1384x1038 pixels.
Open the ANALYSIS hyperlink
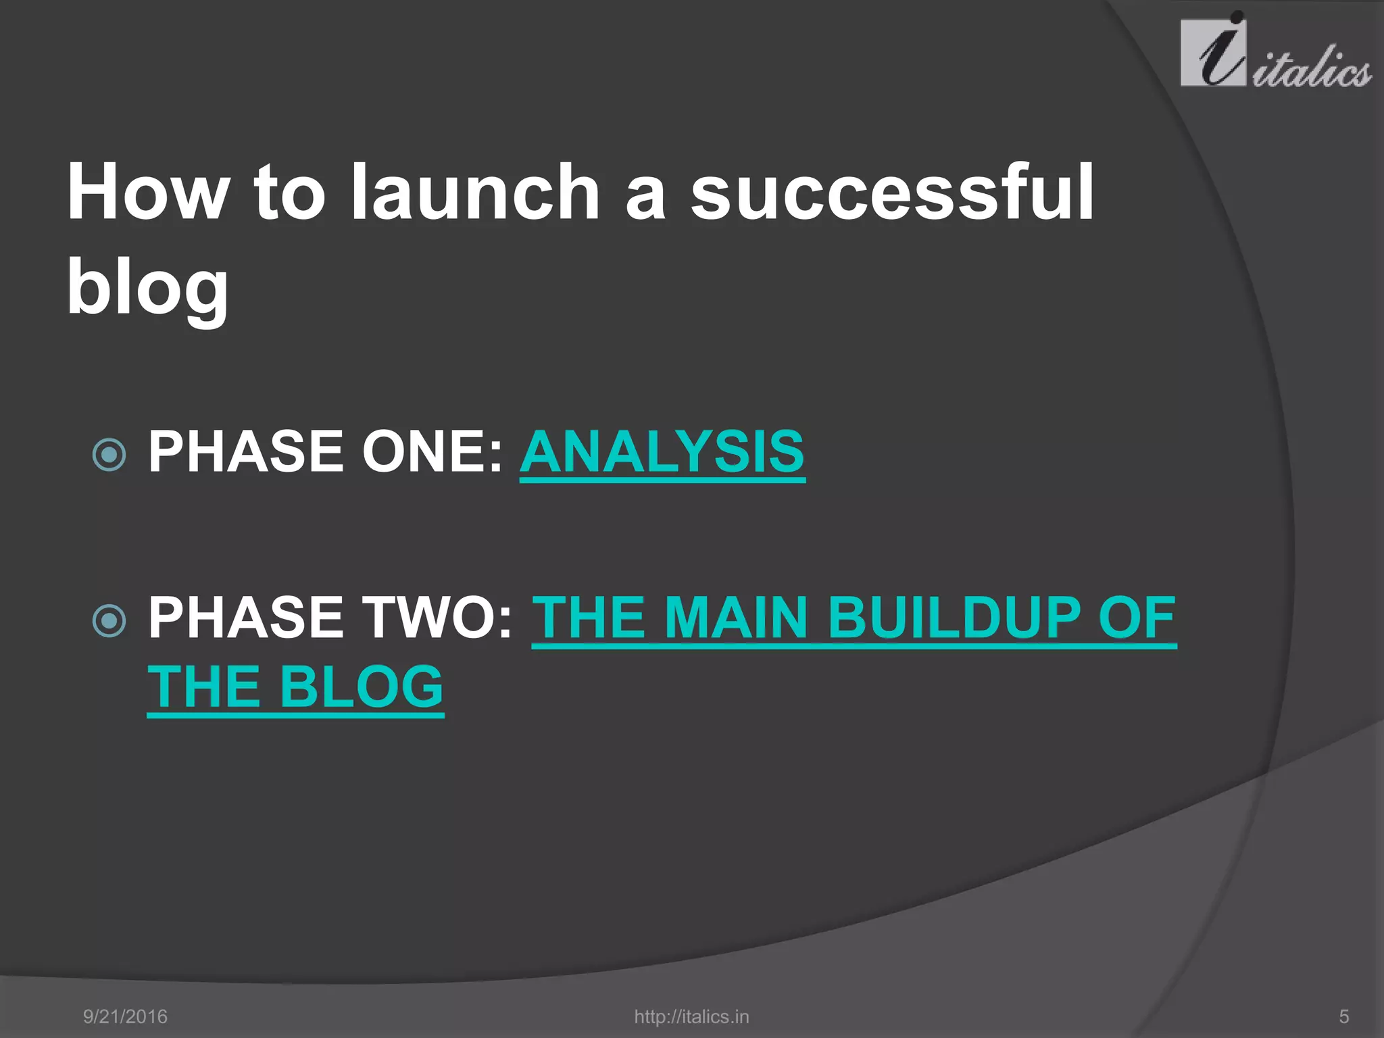tap(662, 451)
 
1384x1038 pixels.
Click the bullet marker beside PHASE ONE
tap(109, 455)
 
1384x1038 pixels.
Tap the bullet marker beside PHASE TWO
tap(109, 621)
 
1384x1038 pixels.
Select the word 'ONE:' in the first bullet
tap(432, 451)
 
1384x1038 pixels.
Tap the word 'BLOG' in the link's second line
tap(361, 687)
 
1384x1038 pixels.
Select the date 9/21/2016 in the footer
tap(125, 1016)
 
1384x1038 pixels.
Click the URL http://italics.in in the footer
tap(691, 1016)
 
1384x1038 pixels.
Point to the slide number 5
tap(1344, 1016)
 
